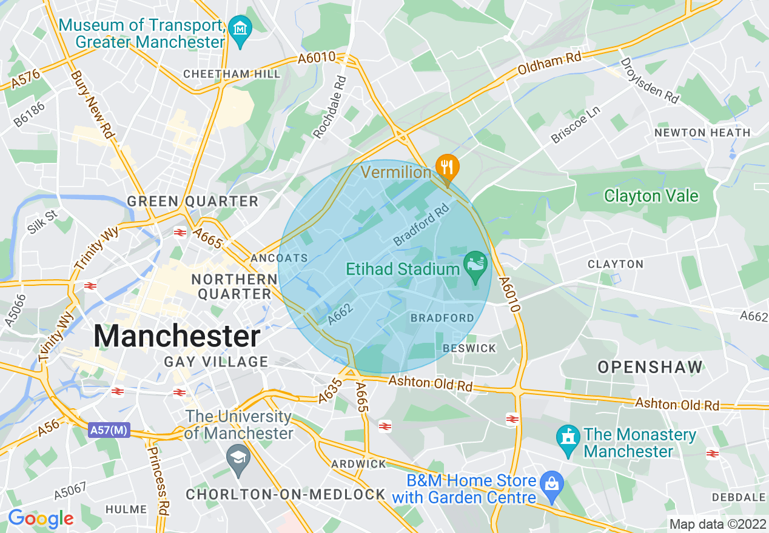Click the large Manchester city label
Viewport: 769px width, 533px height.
coord(177,336)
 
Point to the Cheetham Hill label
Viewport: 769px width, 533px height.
coord(232,74)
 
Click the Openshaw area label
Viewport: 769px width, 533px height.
coord(650,366)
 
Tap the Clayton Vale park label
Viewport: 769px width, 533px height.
coord(651,196)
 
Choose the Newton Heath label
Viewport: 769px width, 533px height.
coord(702,133)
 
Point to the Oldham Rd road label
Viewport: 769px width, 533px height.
coord(549,63)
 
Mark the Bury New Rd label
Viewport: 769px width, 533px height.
coord(92,105)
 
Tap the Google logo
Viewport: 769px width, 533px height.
coord(40,518)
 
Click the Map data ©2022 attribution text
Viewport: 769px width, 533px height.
coord(717,524)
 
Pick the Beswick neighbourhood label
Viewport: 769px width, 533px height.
coord(469,348)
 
